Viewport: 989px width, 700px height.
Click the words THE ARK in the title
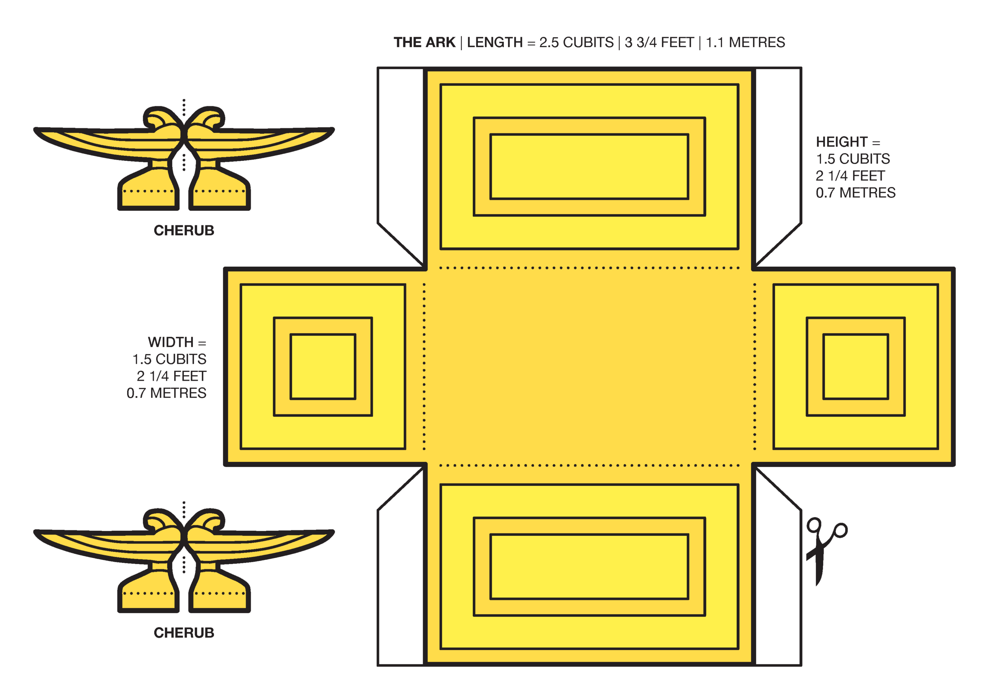tap(424, 42)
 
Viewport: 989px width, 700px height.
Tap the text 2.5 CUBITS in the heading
tap(576, 42)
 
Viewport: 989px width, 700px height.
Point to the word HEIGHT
tap(841, 142)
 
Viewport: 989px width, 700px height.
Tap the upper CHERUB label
tap(184, 231)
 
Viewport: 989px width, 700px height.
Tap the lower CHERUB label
tap(184, 633)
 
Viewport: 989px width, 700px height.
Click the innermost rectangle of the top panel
tap(589, 167)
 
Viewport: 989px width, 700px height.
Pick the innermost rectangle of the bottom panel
tap(589, 566)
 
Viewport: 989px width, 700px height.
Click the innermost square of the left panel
tap(323, 366)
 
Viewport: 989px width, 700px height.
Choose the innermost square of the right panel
tap(855, 366)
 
